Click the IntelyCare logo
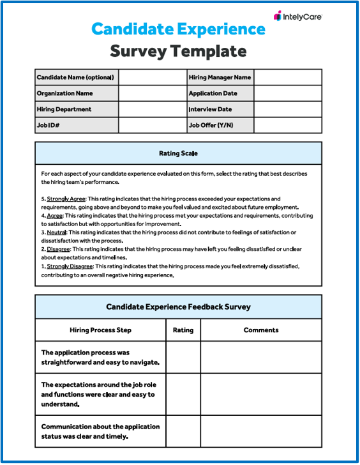[x=297, y=16]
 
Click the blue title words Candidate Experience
[x=178, y=29]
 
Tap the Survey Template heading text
[x=178, y=51]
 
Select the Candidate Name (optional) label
[x=75, y=77]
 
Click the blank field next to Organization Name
[x=152, y=93]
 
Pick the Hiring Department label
[x=64, y=109]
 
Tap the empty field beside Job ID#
[x=152, y=125]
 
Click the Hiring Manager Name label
[x=220, y=77]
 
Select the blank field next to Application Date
[x=288, y=93]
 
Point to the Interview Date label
[x=210, y=109]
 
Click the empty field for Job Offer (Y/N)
[x=288, y=125]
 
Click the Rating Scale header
[x=178, y=153]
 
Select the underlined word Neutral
[x=57, y=232]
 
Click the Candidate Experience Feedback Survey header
[x=178, y=307]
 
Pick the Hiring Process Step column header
[x=100, y=330]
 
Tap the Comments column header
[x=261, y=330]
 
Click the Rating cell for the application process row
[x=183, y=357]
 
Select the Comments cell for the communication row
[x=261, y=431]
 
